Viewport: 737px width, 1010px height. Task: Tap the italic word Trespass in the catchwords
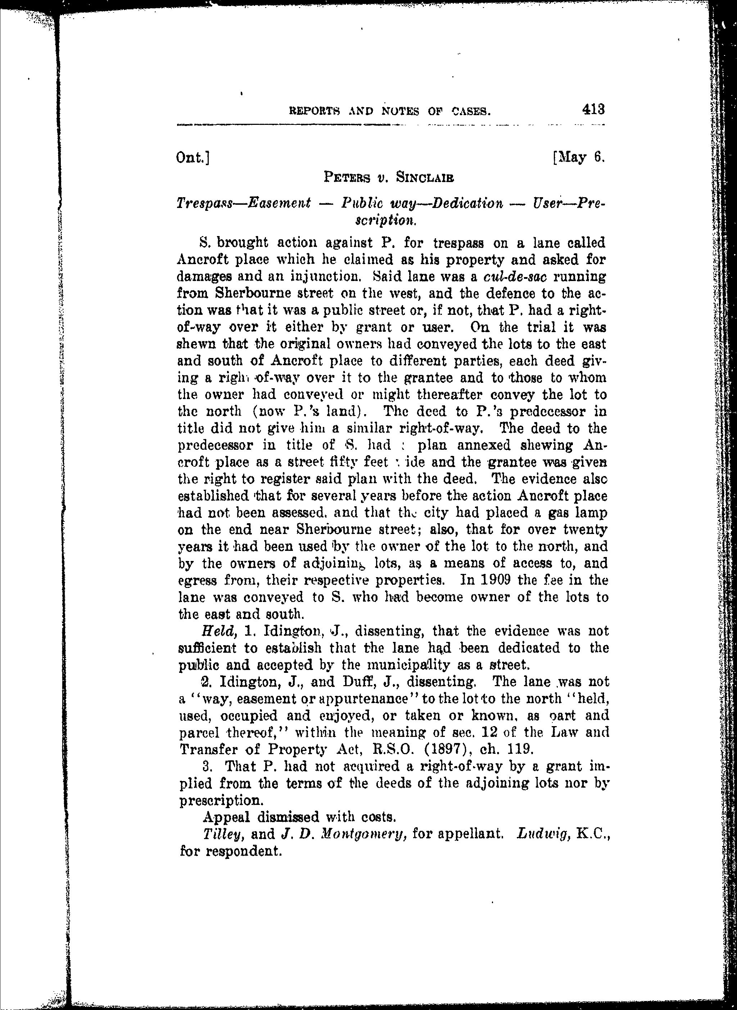[204, 204]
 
